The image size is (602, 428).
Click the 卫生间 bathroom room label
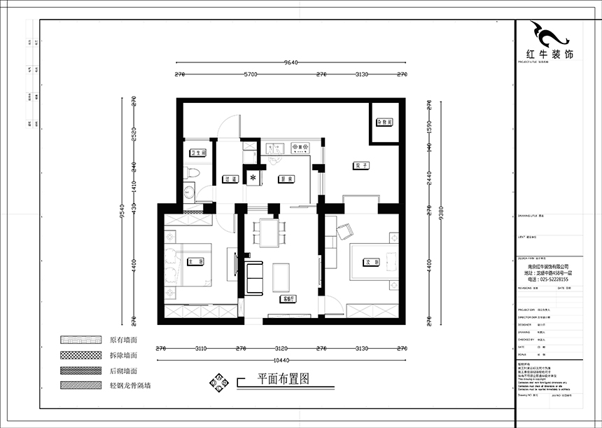pos(197,152)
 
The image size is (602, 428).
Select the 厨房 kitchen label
pos(284,178)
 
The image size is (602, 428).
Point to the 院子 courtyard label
pos(360,165)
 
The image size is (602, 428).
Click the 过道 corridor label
pos(227,179)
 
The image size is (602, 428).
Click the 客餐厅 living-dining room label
pos(286,298)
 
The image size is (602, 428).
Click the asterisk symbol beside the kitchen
pos(253,177)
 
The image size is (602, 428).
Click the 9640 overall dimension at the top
pos(291,62)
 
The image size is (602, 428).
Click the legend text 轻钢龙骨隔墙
pos(130,385)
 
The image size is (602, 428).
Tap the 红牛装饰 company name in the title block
pos(549,54)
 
